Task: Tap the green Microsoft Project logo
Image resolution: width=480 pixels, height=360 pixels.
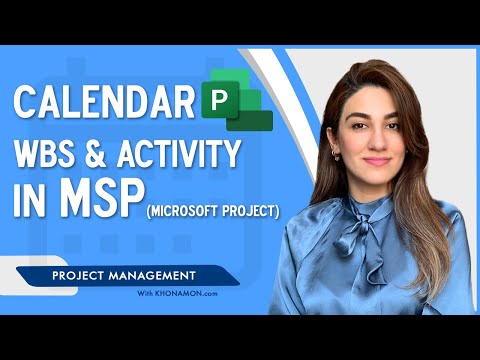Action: pyautogui.click(x=237, y=108)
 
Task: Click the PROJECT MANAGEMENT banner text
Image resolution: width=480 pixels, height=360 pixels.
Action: pyautogui.click(x=112, y=272)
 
